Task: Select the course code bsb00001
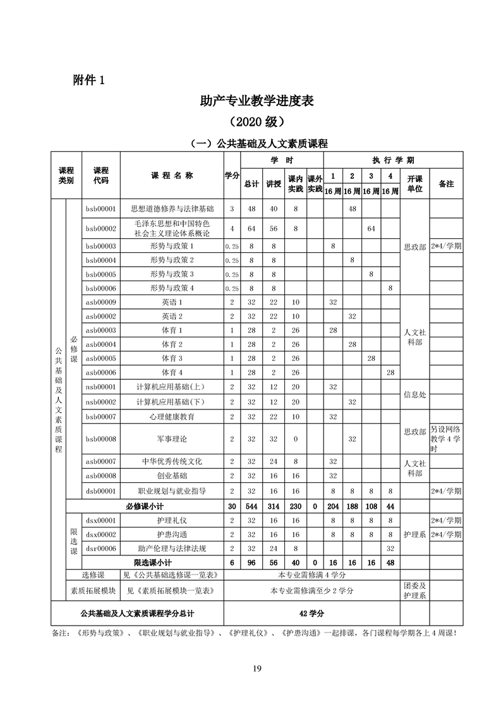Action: click(100, 208)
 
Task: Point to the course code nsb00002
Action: click(100, 401)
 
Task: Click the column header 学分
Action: click(232, 175)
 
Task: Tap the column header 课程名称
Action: click(172, 175)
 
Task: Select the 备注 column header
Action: click(446, 183)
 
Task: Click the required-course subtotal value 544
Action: click(251, 506)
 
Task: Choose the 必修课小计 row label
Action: click(145, 506)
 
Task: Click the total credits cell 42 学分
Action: click(311, 613)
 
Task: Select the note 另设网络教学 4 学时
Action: click(446, 438)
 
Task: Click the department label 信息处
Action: click(414, 394)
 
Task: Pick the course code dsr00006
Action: click(100, 548)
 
